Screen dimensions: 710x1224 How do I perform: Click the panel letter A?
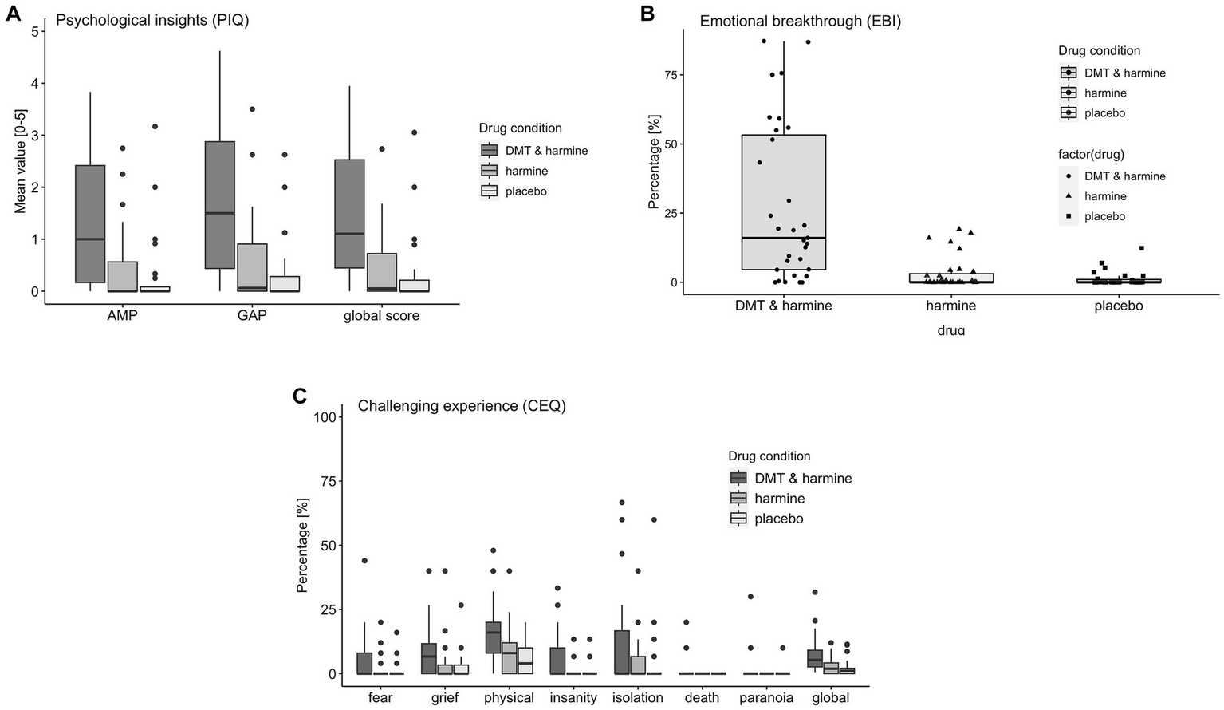(x=13, y=14)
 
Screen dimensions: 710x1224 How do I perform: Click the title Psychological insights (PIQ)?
(x=152, y=21)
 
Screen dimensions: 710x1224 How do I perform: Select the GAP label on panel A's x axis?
(x=252, y=315)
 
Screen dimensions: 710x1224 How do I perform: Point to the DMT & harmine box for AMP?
(x=90, y=223)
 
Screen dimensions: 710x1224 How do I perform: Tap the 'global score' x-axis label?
(x=381, y=315)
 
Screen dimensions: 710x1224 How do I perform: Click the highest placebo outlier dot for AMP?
(x=155, y=126)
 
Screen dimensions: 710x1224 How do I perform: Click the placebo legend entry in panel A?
(x=525, y=191)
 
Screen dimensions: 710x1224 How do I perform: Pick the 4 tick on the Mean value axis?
(x=34, y=83)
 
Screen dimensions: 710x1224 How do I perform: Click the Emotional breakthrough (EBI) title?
(x=800, y=22)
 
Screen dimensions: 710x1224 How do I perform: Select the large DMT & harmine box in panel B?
(x=783, y=203)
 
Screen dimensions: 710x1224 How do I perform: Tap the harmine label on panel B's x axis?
(x=950, y=306)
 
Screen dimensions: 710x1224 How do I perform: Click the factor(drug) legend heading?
(x=1101, y=155)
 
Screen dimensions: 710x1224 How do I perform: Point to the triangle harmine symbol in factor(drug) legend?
(x=1068, y=196)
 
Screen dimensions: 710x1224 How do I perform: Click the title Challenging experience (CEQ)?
(x=462, y=406)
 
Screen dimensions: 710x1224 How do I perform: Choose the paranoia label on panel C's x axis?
(x=766, y=697)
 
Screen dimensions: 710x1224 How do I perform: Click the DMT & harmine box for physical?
(x=493, y=637)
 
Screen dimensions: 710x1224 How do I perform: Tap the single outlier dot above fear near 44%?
(x=364, y=561)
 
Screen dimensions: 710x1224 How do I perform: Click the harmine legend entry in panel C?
(x=779, y=499)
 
